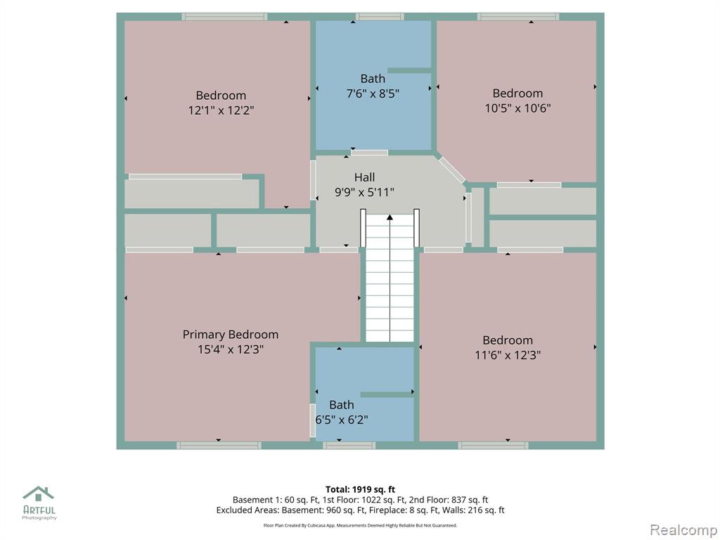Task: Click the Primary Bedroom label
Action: pos(231,335)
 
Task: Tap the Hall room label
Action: pos(365,177)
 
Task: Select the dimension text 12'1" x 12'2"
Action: pos(221,110)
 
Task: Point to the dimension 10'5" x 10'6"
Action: pos(518,108)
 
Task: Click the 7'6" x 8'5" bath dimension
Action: pos(373,94)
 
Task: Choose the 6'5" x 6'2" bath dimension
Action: pos(342,420)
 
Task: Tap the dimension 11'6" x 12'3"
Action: pos(508,355)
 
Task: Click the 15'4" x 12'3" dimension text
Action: pos(231,349)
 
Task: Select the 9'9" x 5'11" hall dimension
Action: pos(365,192)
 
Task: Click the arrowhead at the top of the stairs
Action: pos(390,217)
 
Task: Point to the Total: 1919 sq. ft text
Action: pos(360,489)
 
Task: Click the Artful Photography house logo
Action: pos(39,494)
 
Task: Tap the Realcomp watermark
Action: pos(683,530)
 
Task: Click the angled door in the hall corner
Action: pos(452,170)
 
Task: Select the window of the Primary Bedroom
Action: pos(219,445)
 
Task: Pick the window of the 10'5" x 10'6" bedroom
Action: pos(518,17)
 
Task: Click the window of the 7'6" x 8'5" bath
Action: pos(380,17)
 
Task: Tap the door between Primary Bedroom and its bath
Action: pos(313,420)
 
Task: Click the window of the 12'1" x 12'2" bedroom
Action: pos(224,17)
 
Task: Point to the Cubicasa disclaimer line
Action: pos(360,525)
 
